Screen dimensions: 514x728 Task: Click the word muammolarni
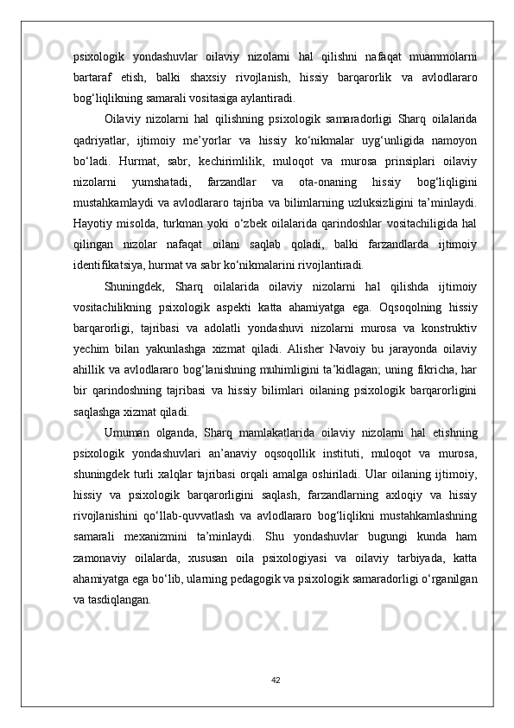(440, 58)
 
